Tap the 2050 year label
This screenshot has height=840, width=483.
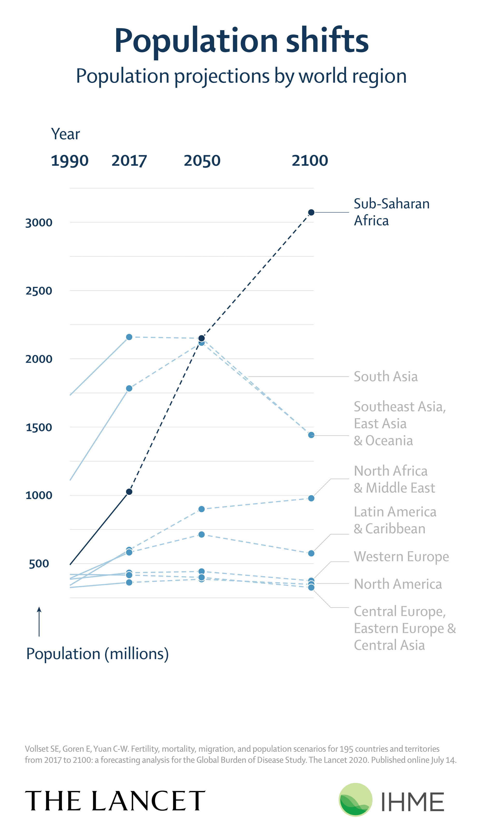point(202,161)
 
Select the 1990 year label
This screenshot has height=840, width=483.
point(70,161)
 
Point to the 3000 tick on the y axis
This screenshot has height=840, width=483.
point(39,223)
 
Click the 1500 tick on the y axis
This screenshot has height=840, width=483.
point(39,427)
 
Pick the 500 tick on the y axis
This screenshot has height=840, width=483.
point(39,564)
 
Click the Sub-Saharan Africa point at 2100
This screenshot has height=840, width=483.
point(311,212)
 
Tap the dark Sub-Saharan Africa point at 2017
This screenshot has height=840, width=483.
point(129,492)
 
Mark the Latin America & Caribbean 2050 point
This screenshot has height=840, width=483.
point(201,534)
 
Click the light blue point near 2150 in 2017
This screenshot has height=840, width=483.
point(129,337)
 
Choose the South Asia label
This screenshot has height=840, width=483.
point(385,377)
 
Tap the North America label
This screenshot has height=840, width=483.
point(398,584)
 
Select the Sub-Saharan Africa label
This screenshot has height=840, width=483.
point(391,212)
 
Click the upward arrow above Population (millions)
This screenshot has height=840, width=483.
point(39,621)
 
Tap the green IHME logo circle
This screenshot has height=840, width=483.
point(355,800)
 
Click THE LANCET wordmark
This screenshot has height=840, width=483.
point(115,801)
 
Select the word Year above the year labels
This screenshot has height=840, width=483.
point(65,134)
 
